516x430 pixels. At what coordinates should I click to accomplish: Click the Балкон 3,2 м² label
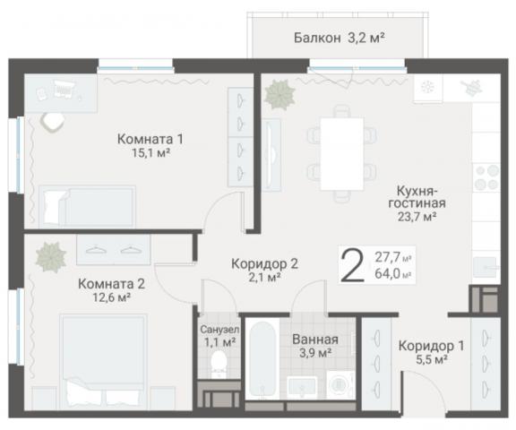(x=339, y=38)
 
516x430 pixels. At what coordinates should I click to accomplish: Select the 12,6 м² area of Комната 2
(x=111, y=298)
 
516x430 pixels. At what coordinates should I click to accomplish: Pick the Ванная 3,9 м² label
(x=314, y=346)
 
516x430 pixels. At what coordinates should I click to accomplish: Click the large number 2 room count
(x=353, y=265)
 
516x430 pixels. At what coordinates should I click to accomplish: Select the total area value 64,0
(x=389, y=273)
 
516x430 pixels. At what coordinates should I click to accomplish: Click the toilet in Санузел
(x=216, y=364)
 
